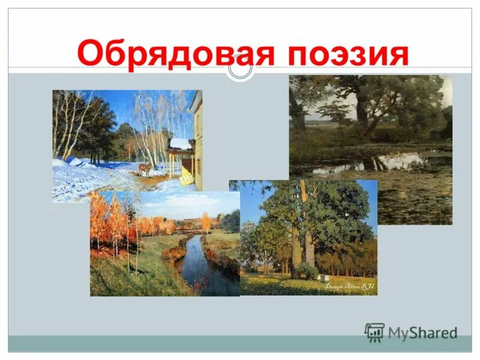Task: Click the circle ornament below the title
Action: (x=240, y=69)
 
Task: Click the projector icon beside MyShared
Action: (x=375, y=332)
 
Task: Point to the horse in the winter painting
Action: (x=145, y=169)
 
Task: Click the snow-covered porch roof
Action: (x=179, y=145)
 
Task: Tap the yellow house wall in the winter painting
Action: (x=197, y=144)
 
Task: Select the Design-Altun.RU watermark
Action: (x=350, y=287)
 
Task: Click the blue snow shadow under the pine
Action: (x=78, y=162)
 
